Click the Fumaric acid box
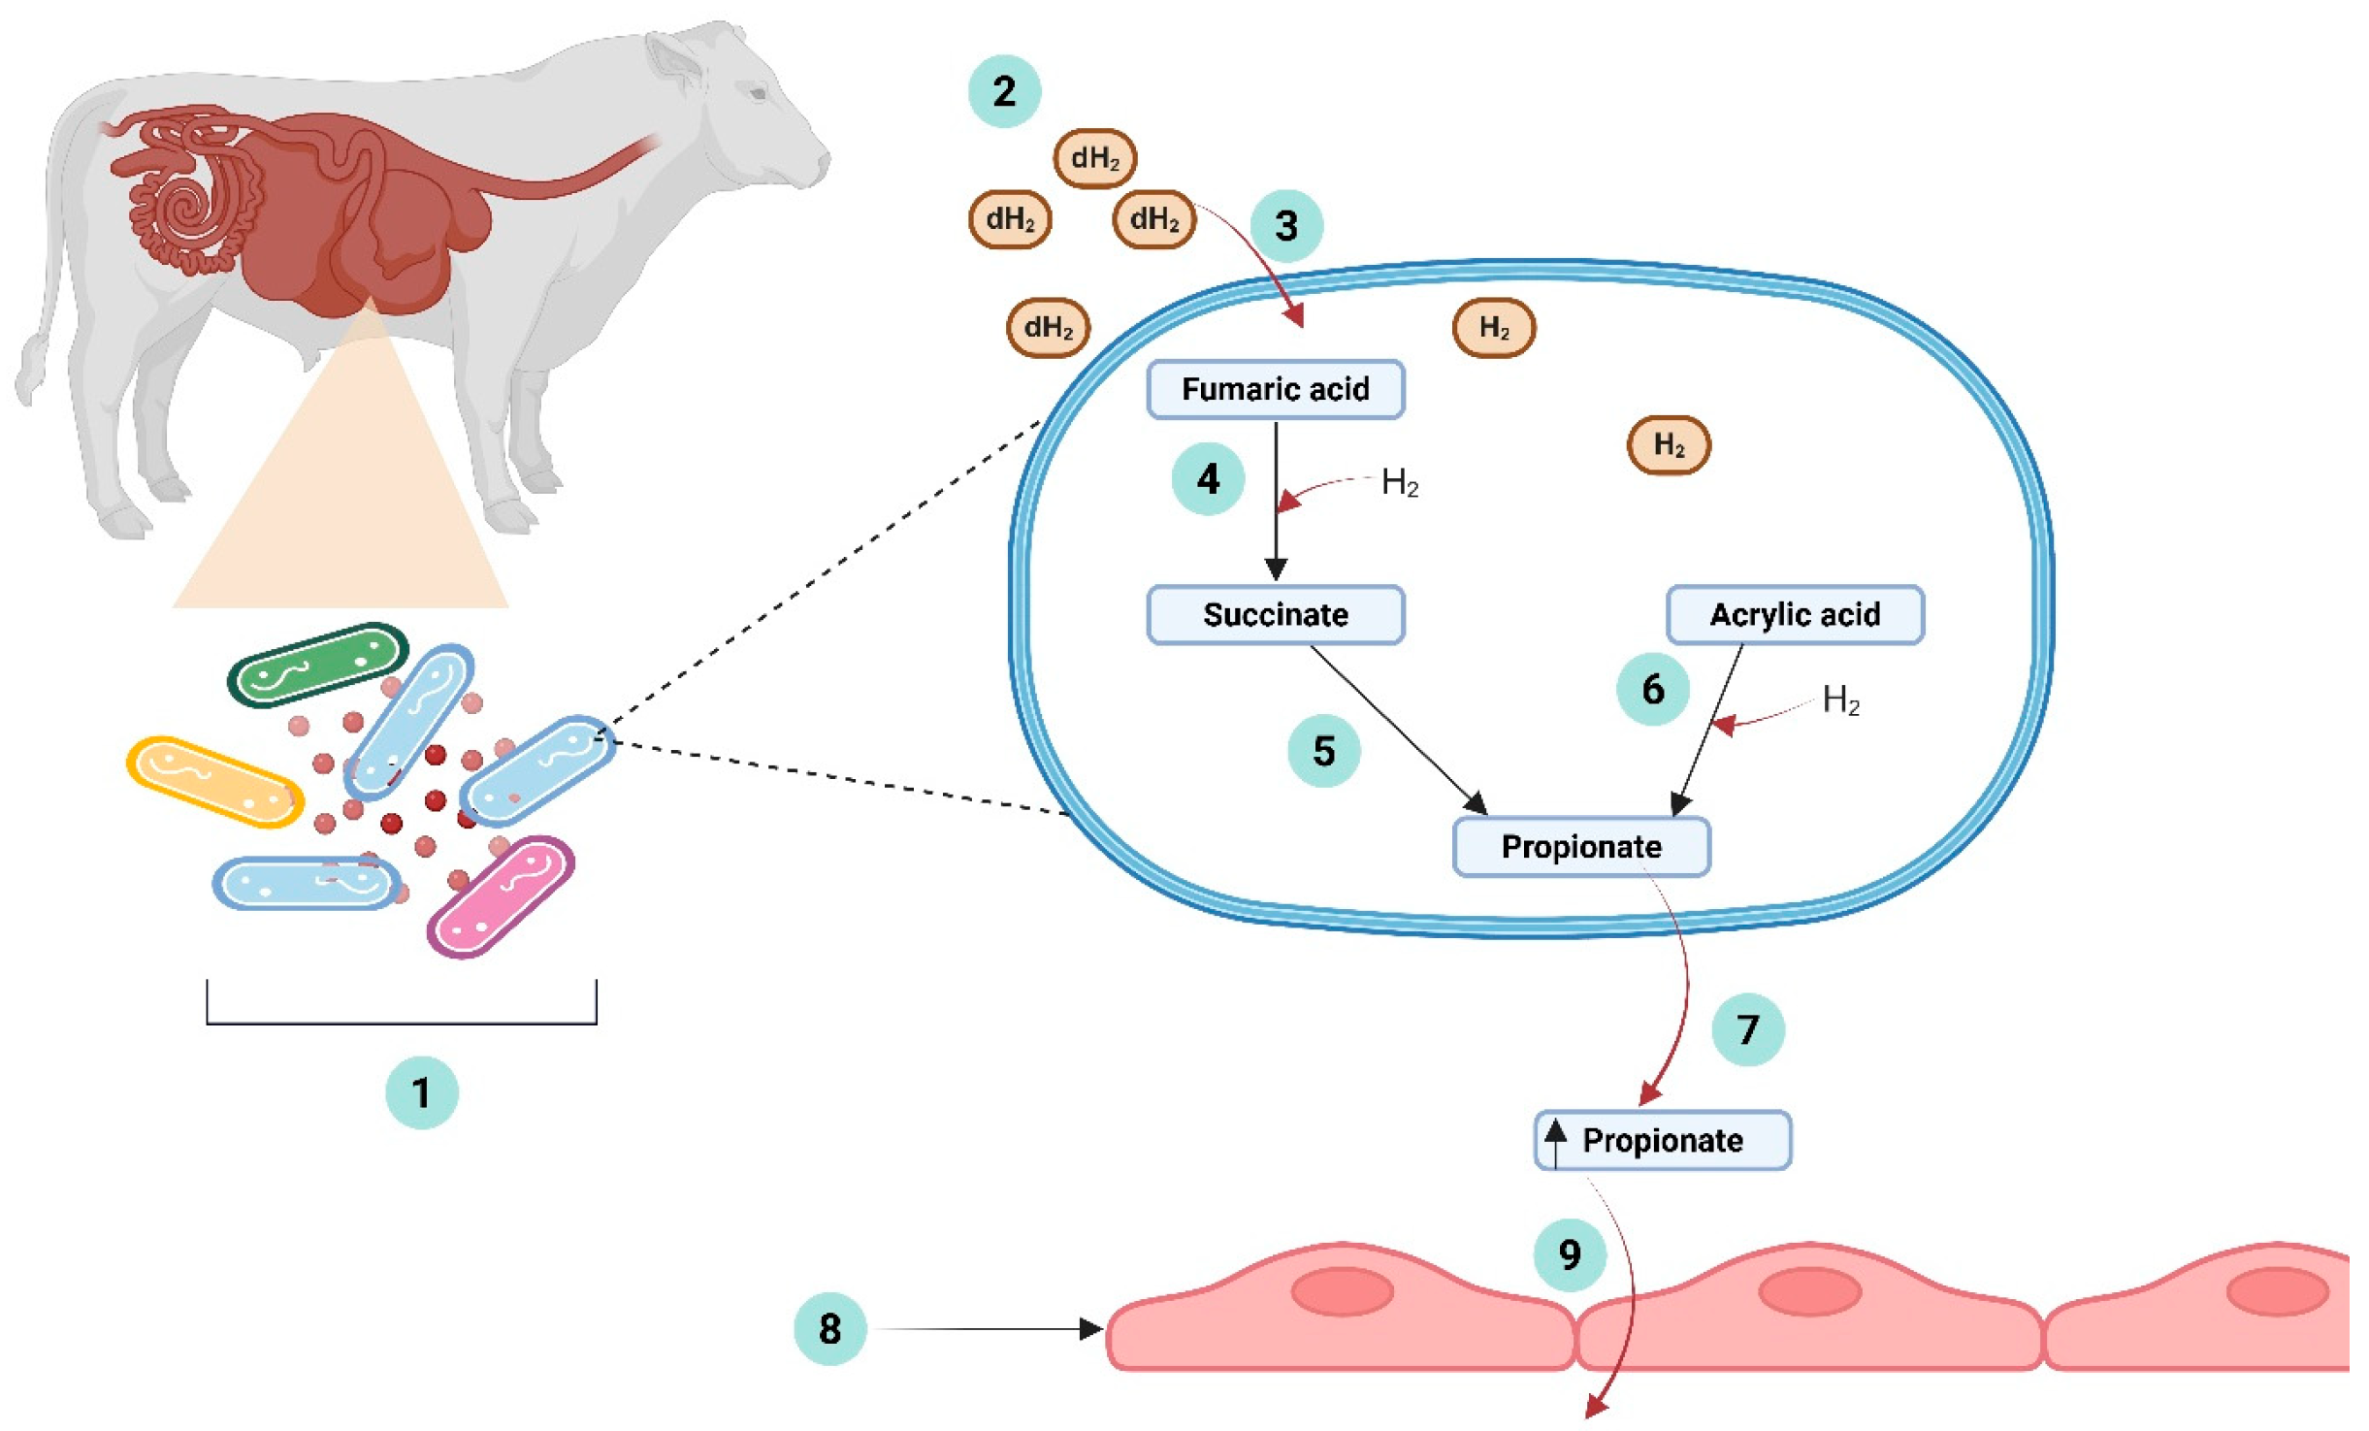pos(1275,389)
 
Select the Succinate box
pos(1275,614)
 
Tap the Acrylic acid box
pos(1794,614)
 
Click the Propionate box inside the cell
pos(1580,846)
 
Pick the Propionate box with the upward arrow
pos(1662,1139)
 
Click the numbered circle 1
pos(421,1092)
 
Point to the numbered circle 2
pos(1004,91)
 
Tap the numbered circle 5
pos(1323,750)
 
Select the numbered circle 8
pos(829,1328)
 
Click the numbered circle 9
pos(1569,1254)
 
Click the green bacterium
pos(318,665)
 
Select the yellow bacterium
pos(214,782)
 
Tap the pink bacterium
pos(501,896)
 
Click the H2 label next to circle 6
pos(1840,699)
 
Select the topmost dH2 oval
pos(1094,158)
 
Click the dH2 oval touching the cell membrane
pos(1048,327)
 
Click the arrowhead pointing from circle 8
pos(1091,1328)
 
